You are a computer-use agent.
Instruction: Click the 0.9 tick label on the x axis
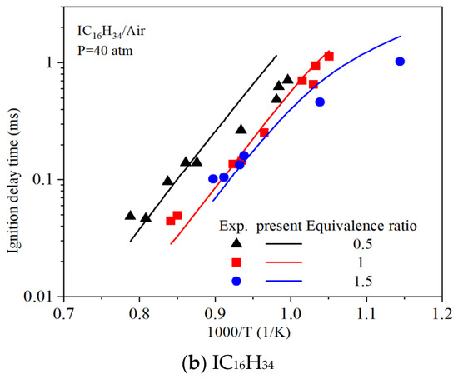pyautogui.click(x=215, y=314)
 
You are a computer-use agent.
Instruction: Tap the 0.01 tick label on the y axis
pyautogui.click(x=37, y=297)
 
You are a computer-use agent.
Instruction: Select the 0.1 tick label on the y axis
pyautogui.click(x=42, y=179)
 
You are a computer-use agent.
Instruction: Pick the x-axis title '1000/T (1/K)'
pyautogui.click(x=249, y=333)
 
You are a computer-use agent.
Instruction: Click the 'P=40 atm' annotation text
pyautogui.click(x=105, y=51)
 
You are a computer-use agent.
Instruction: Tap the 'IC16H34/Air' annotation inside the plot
pyautogui.click(x=111, y=32)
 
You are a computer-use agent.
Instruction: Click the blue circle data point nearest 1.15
pyautogui.click(x=400, y=62)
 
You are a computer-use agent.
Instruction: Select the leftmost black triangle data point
pyautogui.click(x=130, y=216)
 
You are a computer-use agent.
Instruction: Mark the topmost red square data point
pyautogui.click(x=329, y=56)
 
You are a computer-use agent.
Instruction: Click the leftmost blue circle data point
pyautogui.click(x=213, y=179)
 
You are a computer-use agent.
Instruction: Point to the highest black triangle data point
pyautogui.click(x=288, y=79)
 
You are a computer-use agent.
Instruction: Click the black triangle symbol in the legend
pyautogui.click(x=236, y=243)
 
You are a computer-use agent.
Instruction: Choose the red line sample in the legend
pyautogui.click(x=284, y=262)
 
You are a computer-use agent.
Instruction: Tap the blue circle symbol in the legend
pyautogui.click(x=236, y=281)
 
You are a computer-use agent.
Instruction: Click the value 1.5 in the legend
pyautogui.click(x=363, y=281)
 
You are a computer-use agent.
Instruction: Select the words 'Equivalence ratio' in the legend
pyautogui.click(x=361, y=227)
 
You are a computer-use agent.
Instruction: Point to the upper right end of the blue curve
pyautogui.click(x=401, y=37)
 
